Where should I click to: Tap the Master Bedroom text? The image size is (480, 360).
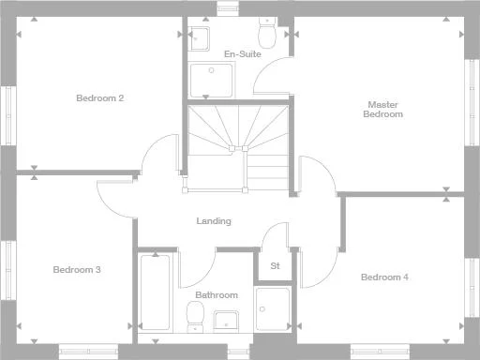tap(384, 110)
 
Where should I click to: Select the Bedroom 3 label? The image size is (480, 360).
tap(77, 270)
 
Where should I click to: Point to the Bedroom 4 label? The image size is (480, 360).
tap(384, 277)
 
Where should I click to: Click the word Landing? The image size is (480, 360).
tap(214, 221)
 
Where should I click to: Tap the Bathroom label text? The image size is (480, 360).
tap(217, 295)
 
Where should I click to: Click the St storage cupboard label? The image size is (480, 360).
tap(275, 266)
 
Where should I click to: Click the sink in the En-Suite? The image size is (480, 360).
tap(199, 38)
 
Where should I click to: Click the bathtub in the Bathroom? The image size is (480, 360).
tap(155, 291)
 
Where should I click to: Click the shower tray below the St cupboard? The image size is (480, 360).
tap(274, 310)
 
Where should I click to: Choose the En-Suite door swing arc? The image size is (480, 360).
tap(272, 75)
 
